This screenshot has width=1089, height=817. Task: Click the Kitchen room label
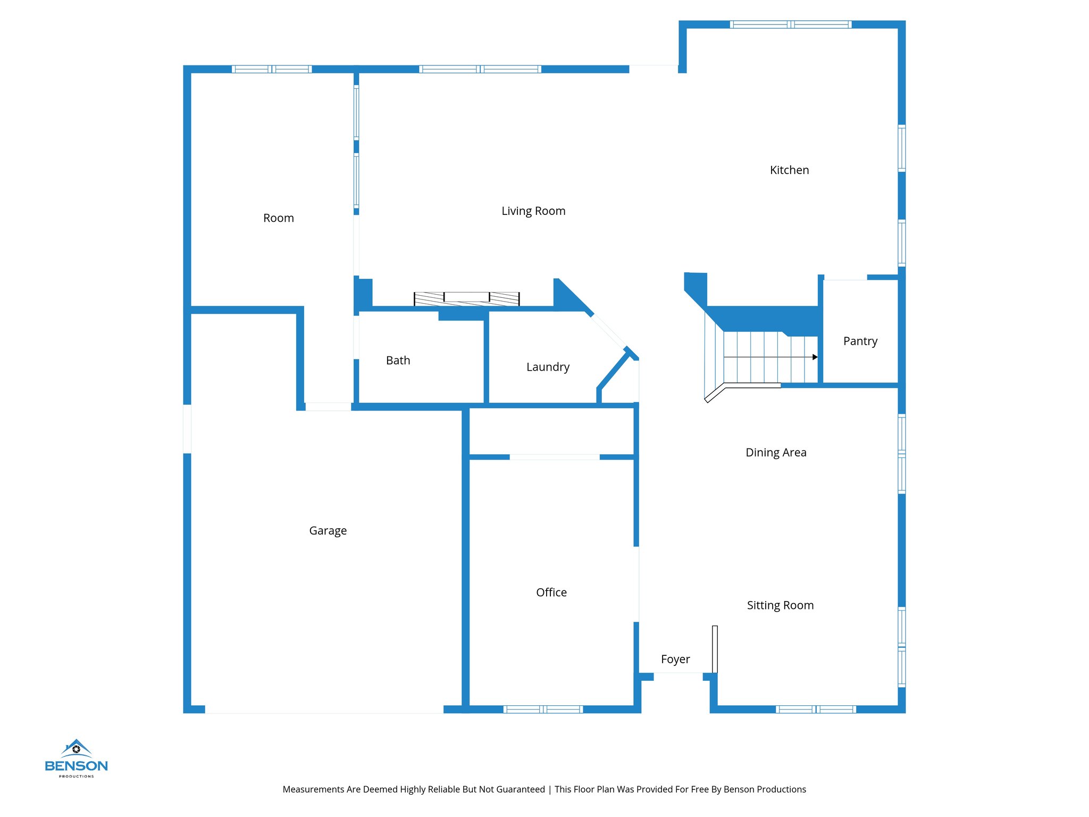point(789,170)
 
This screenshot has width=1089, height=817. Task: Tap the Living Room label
point(533,211)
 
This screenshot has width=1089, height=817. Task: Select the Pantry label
point(860,341)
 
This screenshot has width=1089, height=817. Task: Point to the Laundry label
point(548,367)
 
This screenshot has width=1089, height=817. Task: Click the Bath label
point(398,361)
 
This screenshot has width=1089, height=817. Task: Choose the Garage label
point(328,531)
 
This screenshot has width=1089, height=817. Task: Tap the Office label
point(551,593)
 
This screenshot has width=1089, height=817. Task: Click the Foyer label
point(675,660)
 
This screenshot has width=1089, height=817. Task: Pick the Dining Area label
point(776,453)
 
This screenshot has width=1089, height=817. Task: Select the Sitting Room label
point(780,605)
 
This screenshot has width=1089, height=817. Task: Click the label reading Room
point(278,218)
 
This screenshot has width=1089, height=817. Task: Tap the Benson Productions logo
point(76,758)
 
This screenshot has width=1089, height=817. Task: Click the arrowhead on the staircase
point(815,357)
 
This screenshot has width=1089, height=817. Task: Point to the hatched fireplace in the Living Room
point(466,298)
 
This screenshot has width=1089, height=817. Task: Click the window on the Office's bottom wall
point(543,709)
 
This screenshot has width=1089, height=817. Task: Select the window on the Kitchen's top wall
point(790,24)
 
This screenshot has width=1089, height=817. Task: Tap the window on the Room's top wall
point(272,69)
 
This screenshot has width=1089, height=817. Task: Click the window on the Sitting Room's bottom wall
point(815,709)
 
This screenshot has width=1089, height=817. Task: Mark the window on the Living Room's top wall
point(480,69)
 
